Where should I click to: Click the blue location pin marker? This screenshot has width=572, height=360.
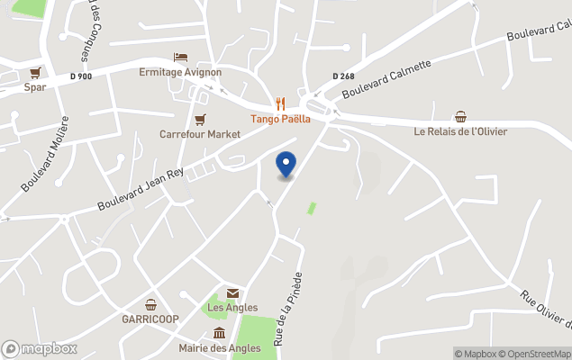pyautogui.click(x=286, y=165)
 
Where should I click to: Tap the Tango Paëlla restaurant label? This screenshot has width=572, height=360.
pyautogui.click(x=280, y=119)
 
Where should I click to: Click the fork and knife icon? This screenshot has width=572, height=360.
pyautogui.click(x=280, y=103)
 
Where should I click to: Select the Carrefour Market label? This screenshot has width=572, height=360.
pyautogui.click(x=200, y=134)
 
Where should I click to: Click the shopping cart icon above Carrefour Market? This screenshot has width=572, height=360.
pyautogui.click(x=200, y=119)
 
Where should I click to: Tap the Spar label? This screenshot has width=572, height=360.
pyautogui.click(x=35, y=87)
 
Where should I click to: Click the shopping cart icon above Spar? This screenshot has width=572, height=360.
pyautogui.click(x=35, y=73)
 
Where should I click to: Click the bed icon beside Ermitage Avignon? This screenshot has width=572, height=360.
pyautogui.click(x=180, y=58)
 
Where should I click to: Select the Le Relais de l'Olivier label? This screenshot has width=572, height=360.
pyautogui.click(x=460, y=131)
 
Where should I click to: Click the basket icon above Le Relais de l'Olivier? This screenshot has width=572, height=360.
pyautogui.click(x=460, y=116)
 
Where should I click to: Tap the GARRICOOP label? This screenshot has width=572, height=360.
pyautogui.click(x=150, y=319)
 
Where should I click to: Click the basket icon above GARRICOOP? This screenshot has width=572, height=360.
pyautogui.click(x=150, y=304)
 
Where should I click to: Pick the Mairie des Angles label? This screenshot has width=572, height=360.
pyautogui.click(x=219, y=348)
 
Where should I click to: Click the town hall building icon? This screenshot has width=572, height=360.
pyautogui.click(x=219, y=333)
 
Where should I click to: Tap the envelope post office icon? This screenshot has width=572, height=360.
pyautogui.click(x=232, y=293)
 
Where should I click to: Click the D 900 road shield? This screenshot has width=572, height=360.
pyautogui.click(x=80, y=76)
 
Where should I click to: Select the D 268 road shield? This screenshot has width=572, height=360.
pyautogui.click(x=342, y=76)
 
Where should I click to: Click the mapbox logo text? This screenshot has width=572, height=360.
pyautogui.click(x=40, y=348)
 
